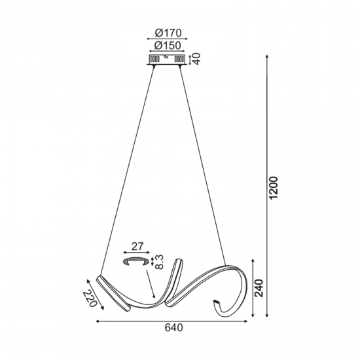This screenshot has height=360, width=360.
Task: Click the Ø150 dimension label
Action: (168, 46)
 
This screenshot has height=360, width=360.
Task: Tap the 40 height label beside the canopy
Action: (196, 60)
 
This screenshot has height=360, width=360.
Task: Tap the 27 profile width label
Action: (136, 247)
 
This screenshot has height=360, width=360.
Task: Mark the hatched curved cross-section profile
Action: (136, 261)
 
